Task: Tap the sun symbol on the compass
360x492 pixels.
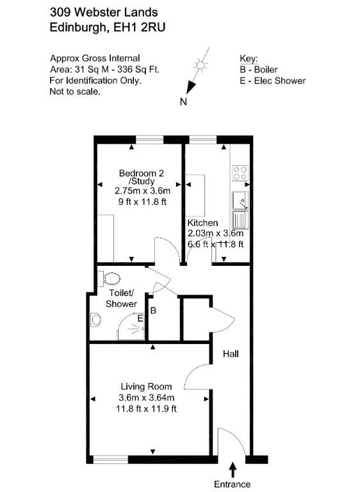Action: coord(200,65)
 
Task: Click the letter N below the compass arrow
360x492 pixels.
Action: coord(184,102)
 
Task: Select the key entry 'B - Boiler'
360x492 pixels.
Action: coord(259,69)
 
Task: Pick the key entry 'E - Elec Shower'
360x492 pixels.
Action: coord(272,81)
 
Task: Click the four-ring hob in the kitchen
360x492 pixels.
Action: coord(240,173)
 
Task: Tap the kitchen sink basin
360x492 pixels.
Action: coord(240,200)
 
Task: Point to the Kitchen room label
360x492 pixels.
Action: coord(202,223)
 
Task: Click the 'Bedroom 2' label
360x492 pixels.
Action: coord(141,173)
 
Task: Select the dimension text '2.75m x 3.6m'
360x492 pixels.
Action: coord(142,191)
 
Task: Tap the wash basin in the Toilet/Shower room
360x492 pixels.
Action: coord(95,320)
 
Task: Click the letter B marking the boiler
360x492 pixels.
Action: coord(153,311)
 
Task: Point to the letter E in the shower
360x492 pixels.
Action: coord(140,318)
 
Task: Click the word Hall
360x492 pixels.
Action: coord(231,354)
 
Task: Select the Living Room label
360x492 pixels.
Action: coord(146,386)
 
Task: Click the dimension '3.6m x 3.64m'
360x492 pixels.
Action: coord(146,398)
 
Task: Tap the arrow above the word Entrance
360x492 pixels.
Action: coord(233,470)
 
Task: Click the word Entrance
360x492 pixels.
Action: coord(233,484)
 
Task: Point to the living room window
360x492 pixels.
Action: coord(111,460)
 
